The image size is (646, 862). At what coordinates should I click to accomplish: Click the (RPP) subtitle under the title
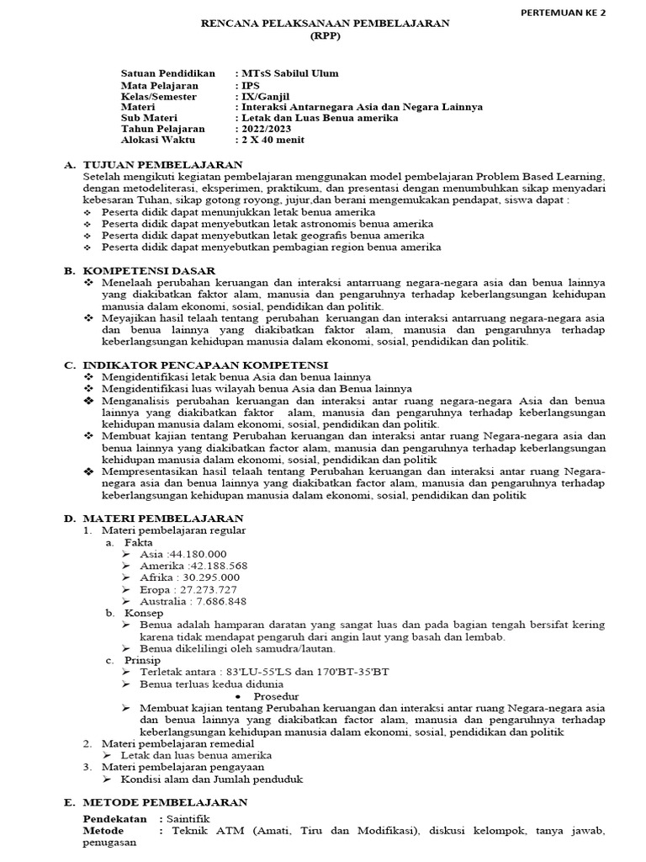[324, 38]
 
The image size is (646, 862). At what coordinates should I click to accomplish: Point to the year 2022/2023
[267, 129]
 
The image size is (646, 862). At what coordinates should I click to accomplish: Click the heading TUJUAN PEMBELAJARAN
[163, 164]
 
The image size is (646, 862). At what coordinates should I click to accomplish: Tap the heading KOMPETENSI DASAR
[148, 270]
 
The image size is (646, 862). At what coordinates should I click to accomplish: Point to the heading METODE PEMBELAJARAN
[165, 802]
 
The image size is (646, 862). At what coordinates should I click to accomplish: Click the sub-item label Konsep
[144, 613]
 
